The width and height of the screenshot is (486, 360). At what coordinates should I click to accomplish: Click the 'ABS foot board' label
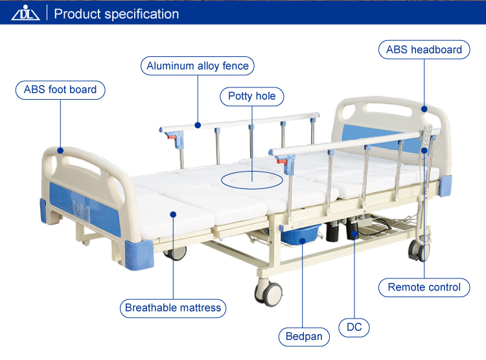(x=60, y=90)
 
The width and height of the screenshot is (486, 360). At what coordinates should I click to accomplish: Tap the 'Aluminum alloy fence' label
(x=198, y=66)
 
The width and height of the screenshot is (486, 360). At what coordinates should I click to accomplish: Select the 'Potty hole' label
(x=251, y=96)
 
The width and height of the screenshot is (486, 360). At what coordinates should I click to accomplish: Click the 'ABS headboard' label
(x=424, y=50)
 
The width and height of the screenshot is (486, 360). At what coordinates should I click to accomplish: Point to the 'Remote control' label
(x=424, y=287)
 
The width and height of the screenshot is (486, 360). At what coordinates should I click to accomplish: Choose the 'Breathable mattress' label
(x=173, y=308)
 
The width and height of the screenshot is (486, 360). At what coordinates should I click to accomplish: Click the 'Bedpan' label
(x=304, y=337)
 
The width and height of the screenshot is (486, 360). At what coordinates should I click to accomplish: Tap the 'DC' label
(x=354, y=328)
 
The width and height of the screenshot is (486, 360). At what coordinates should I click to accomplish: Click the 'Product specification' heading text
(x=117, y=14)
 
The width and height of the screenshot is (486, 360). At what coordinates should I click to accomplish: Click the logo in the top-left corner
(x=25, y=13)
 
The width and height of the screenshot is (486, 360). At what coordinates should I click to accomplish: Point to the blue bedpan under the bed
(x=303, y=234)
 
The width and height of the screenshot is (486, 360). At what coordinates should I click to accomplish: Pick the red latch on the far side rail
(x=170, y=137)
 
